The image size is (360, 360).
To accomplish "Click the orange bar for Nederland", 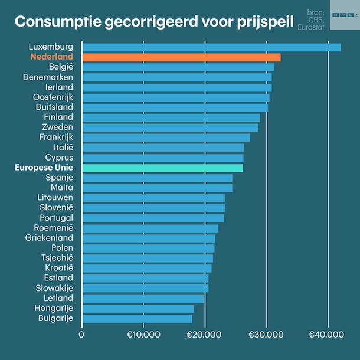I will coord(181,57).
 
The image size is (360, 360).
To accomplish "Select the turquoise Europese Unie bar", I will coord(162,168).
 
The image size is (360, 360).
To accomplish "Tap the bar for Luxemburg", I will coord(211,47).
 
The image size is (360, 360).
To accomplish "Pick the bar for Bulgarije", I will coord(137,319).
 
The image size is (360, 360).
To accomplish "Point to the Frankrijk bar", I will coord(166,138).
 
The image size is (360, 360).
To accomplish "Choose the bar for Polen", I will coord(148,248).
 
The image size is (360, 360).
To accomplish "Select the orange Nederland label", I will coord(51,57).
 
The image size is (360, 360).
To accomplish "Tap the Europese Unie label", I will coord(44,168).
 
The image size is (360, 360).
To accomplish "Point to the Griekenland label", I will coord(49,238).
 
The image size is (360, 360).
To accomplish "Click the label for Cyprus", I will coord(59,158).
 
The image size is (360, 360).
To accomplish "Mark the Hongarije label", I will coord(54,308).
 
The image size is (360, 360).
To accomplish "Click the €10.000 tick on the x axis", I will coord(143,335).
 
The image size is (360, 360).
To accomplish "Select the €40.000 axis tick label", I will coord(326,335).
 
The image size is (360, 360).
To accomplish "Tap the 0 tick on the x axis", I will coord(82,335).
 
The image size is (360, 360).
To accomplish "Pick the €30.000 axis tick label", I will coord(266,335).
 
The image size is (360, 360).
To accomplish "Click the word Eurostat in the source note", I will coord(312,27).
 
